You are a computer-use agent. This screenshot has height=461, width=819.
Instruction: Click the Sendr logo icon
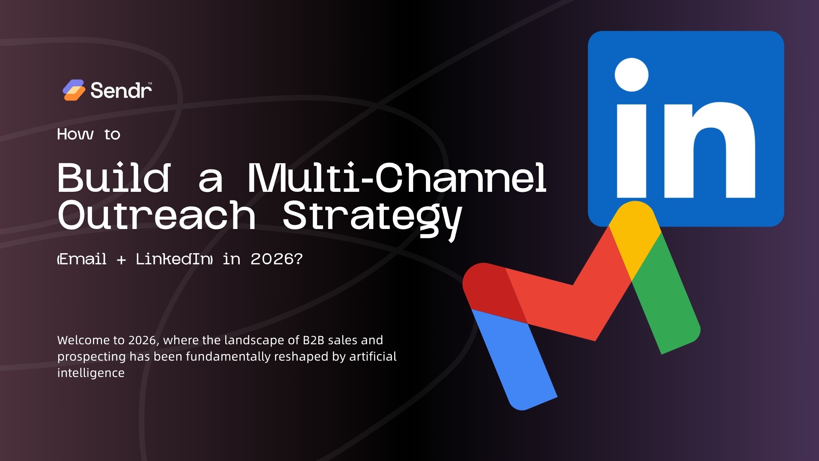pos(74,90)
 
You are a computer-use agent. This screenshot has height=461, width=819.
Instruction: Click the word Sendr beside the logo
pos(121,90)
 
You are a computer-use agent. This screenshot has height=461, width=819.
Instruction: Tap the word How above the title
pos(75,134)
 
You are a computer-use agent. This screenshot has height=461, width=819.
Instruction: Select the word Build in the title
pos(114,178)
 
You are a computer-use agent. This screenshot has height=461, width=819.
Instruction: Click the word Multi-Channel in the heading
pos(397,178)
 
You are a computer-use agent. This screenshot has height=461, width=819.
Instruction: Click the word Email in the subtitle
pos(83,259)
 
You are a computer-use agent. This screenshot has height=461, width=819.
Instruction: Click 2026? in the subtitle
pos(277,259)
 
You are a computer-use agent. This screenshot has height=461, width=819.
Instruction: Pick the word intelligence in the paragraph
pos(91,373)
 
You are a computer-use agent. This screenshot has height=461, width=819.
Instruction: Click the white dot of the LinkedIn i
pos(631,74)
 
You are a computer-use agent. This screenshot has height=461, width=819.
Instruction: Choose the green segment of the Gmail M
pos(666,297)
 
